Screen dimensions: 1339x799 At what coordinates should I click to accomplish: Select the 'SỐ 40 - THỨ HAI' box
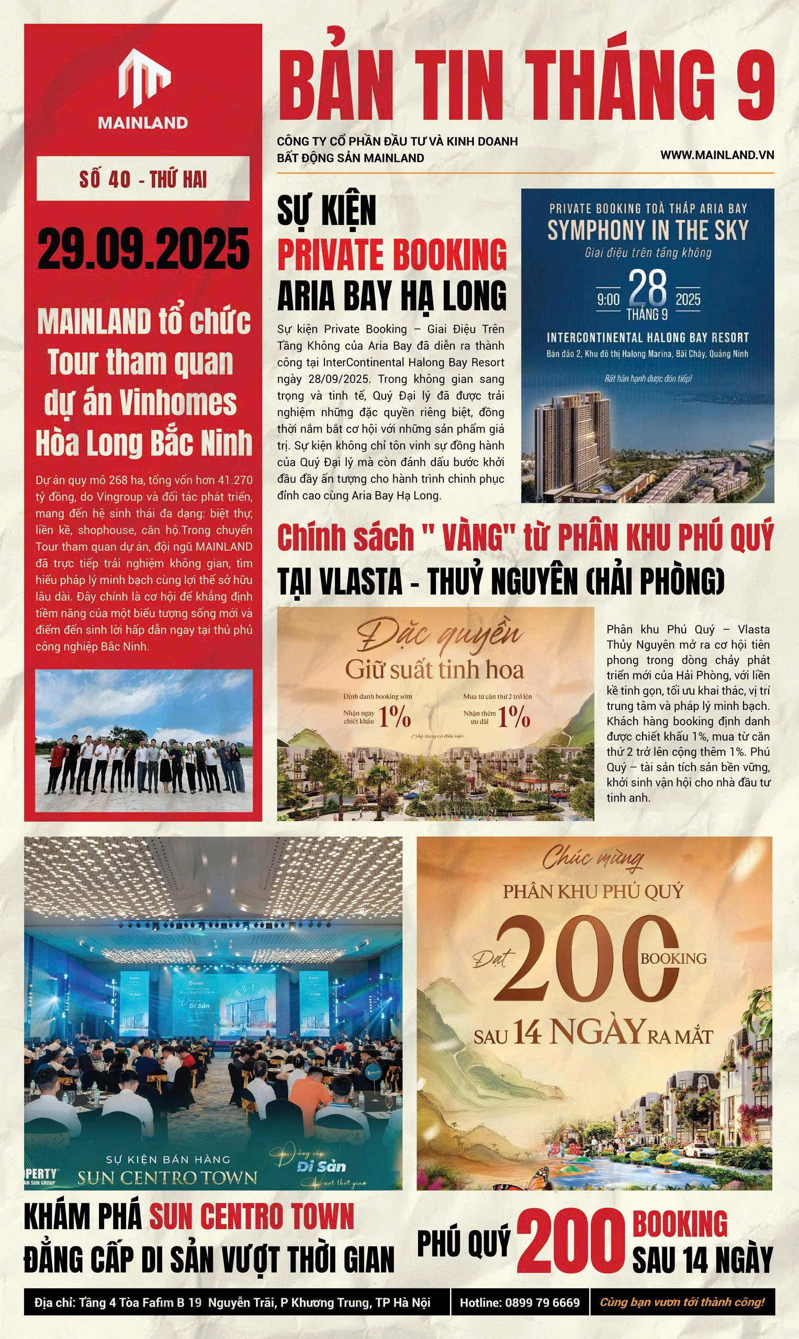[143, 179]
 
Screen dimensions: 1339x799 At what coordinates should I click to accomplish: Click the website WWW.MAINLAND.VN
[717, 154]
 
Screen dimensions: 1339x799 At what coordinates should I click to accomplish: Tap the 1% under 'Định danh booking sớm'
[394, 717]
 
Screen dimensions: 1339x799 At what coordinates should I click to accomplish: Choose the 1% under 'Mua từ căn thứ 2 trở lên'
[514, 717]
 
